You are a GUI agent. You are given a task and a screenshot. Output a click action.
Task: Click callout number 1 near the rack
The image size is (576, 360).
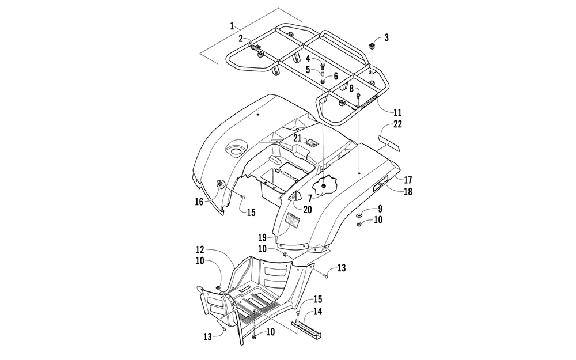(x=232, y=26)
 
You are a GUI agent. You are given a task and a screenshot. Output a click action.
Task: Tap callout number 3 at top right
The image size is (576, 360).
(x=386, y=37)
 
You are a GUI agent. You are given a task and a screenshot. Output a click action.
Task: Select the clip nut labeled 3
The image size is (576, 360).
(x=372, y=46)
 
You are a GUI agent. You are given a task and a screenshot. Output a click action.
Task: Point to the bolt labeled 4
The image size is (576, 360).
(x=323, y=66)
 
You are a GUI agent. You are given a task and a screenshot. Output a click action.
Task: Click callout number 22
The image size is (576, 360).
(x=397, y=124)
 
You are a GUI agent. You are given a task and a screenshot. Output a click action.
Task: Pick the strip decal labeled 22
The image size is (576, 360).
(x=389, y=143)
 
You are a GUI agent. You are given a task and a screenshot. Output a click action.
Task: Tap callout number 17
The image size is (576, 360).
(x=408, y=180)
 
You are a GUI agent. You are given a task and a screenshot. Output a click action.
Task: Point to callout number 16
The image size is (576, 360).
(x=199, y=202)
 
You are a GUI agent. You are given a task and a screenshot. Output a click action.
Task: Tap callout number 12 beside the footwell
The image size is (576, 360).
(x=199, y=250)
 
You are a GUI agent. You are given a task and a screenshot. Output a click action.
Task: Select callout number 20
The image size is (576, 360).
(x=307, y=210)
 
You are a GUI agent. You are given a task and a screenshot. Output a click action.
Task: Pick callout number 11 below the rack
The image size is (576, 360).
(x=397, y=112)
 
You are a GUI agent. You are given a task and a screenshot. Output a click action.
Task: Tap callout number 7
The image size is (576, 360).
(x=310, y=198)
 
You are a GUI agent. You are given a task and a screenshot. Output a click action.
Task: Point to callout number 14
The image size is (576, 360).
(x=317, y=312)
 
